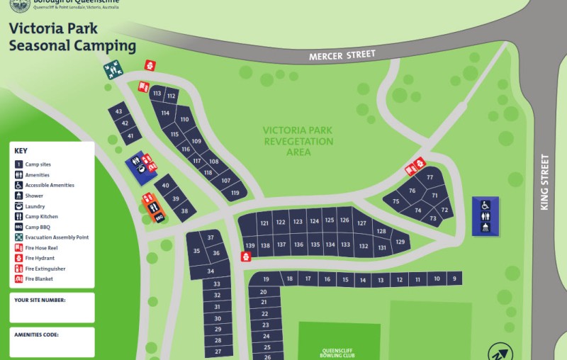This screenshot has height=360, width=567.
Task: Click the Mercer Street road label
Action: pyautogui.click(x=342, y=55)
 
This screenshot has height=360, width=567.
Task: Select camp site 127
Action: pyautogui.click(x=361, y=223)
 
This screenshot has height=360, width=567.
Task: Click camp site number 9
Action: pyautogui.click(x=454, y=279)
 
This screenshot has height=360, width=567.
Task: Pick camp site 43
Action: pyautogui.click(x=118, y=112)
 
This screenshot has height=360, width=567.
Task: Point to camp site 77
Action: pyautogui.click(x=430, y=177)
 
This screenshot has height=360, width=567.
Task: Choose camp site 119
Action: pyautogui.click(x=235, y=193)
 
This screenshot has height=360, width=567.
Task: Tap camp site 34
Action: pyautogui.click(x=210, y=271)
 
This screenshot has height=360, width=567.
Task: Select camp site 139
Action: pyautogui.click(x=249, y=245)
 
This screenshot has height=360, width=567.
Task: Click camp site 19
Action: pyautogui.click(x=266, y=279)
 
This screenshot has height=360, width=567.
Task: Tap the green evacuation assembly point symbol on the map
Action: pyautogui.click(x=113, y=69)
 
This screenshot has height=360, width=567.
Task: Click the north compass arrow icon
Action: pyautogui.click(x=499, y=352)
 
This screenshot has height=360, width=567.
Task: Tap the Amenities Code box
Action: pyautogui.click(x=52, y=342)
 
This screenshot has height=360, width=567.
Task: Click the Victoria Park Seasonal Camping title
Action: pyautogui.click(x=72, y=38)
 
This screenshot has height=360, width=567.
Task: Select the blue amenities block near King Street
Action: pyautogui.click(x=485, y=216)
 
